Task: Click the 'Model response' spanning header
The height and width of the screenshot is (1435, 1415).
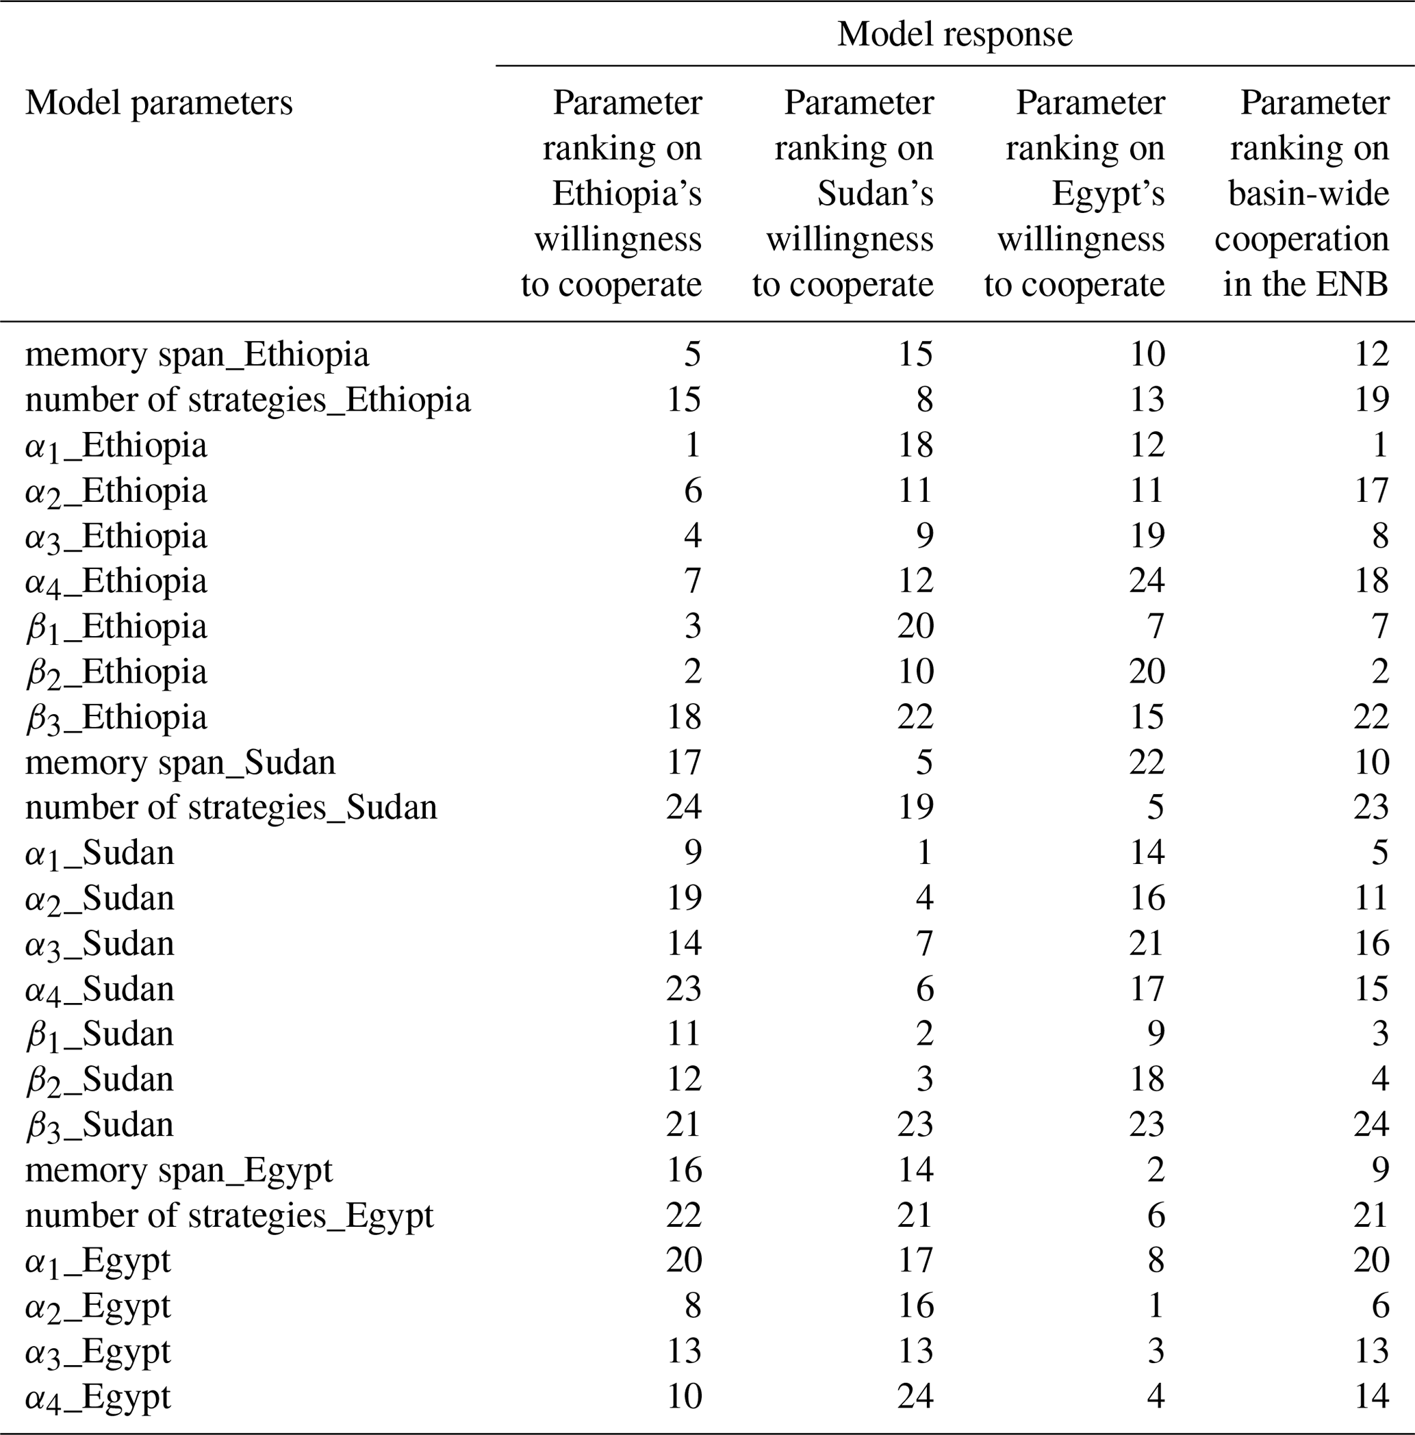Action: click(954, 34)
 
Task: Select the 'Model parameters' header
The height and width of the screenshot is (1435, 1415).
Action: click(159, 103)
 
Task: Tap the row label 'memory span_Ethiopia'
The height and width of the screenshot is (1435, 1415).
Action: click(197, 354)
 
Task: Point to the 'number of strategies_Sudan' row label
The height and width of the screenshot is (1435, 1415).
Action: click(231, 807)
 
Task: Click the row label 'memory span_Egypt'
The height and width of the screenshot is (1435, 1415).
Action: click(178, 1171)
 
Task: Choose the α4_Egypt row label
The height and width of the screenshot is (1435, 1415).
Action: click(98, 1397)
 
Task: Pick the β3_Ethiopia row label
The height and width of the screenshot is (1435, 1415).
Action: click(116, 717)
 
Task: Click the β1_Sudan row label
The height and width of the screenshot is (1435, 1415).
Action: click(100, 1034)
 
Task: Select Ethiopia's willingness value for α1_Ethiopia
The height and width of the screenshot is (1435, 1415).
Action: click(691, 445)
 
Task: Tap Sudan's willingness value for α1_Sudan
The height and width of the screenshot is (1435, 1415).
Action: click(923, 852)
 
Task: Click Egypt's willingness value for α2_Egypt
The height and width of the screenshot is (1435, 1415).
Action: click(1155, 1306)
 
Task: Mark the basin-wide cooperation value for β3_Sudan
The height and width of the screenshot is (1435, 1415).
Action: click(1371, 1125)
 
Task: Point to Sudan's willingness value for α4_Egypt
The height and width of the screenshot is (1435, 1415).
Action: click(915, 1397)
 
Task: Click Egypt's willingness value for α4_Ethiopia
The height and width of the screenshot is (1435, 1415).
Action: click(1146, 581)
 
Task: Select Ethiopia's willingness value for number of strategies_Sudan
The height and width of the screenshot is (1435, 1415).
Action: click(683, 807)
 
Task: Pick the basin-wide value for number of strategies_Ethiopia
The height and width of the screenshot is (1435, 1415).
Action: click(1371, 400)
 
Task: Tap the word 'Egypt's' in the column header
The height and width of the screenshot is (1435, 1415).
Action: click(1108, 194)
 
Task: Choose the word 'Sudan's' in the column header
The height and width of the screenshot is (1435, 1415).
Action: click(875, 194)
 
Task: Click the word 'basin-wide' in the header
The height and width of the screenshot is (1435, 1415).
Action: click(1308, 194)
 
